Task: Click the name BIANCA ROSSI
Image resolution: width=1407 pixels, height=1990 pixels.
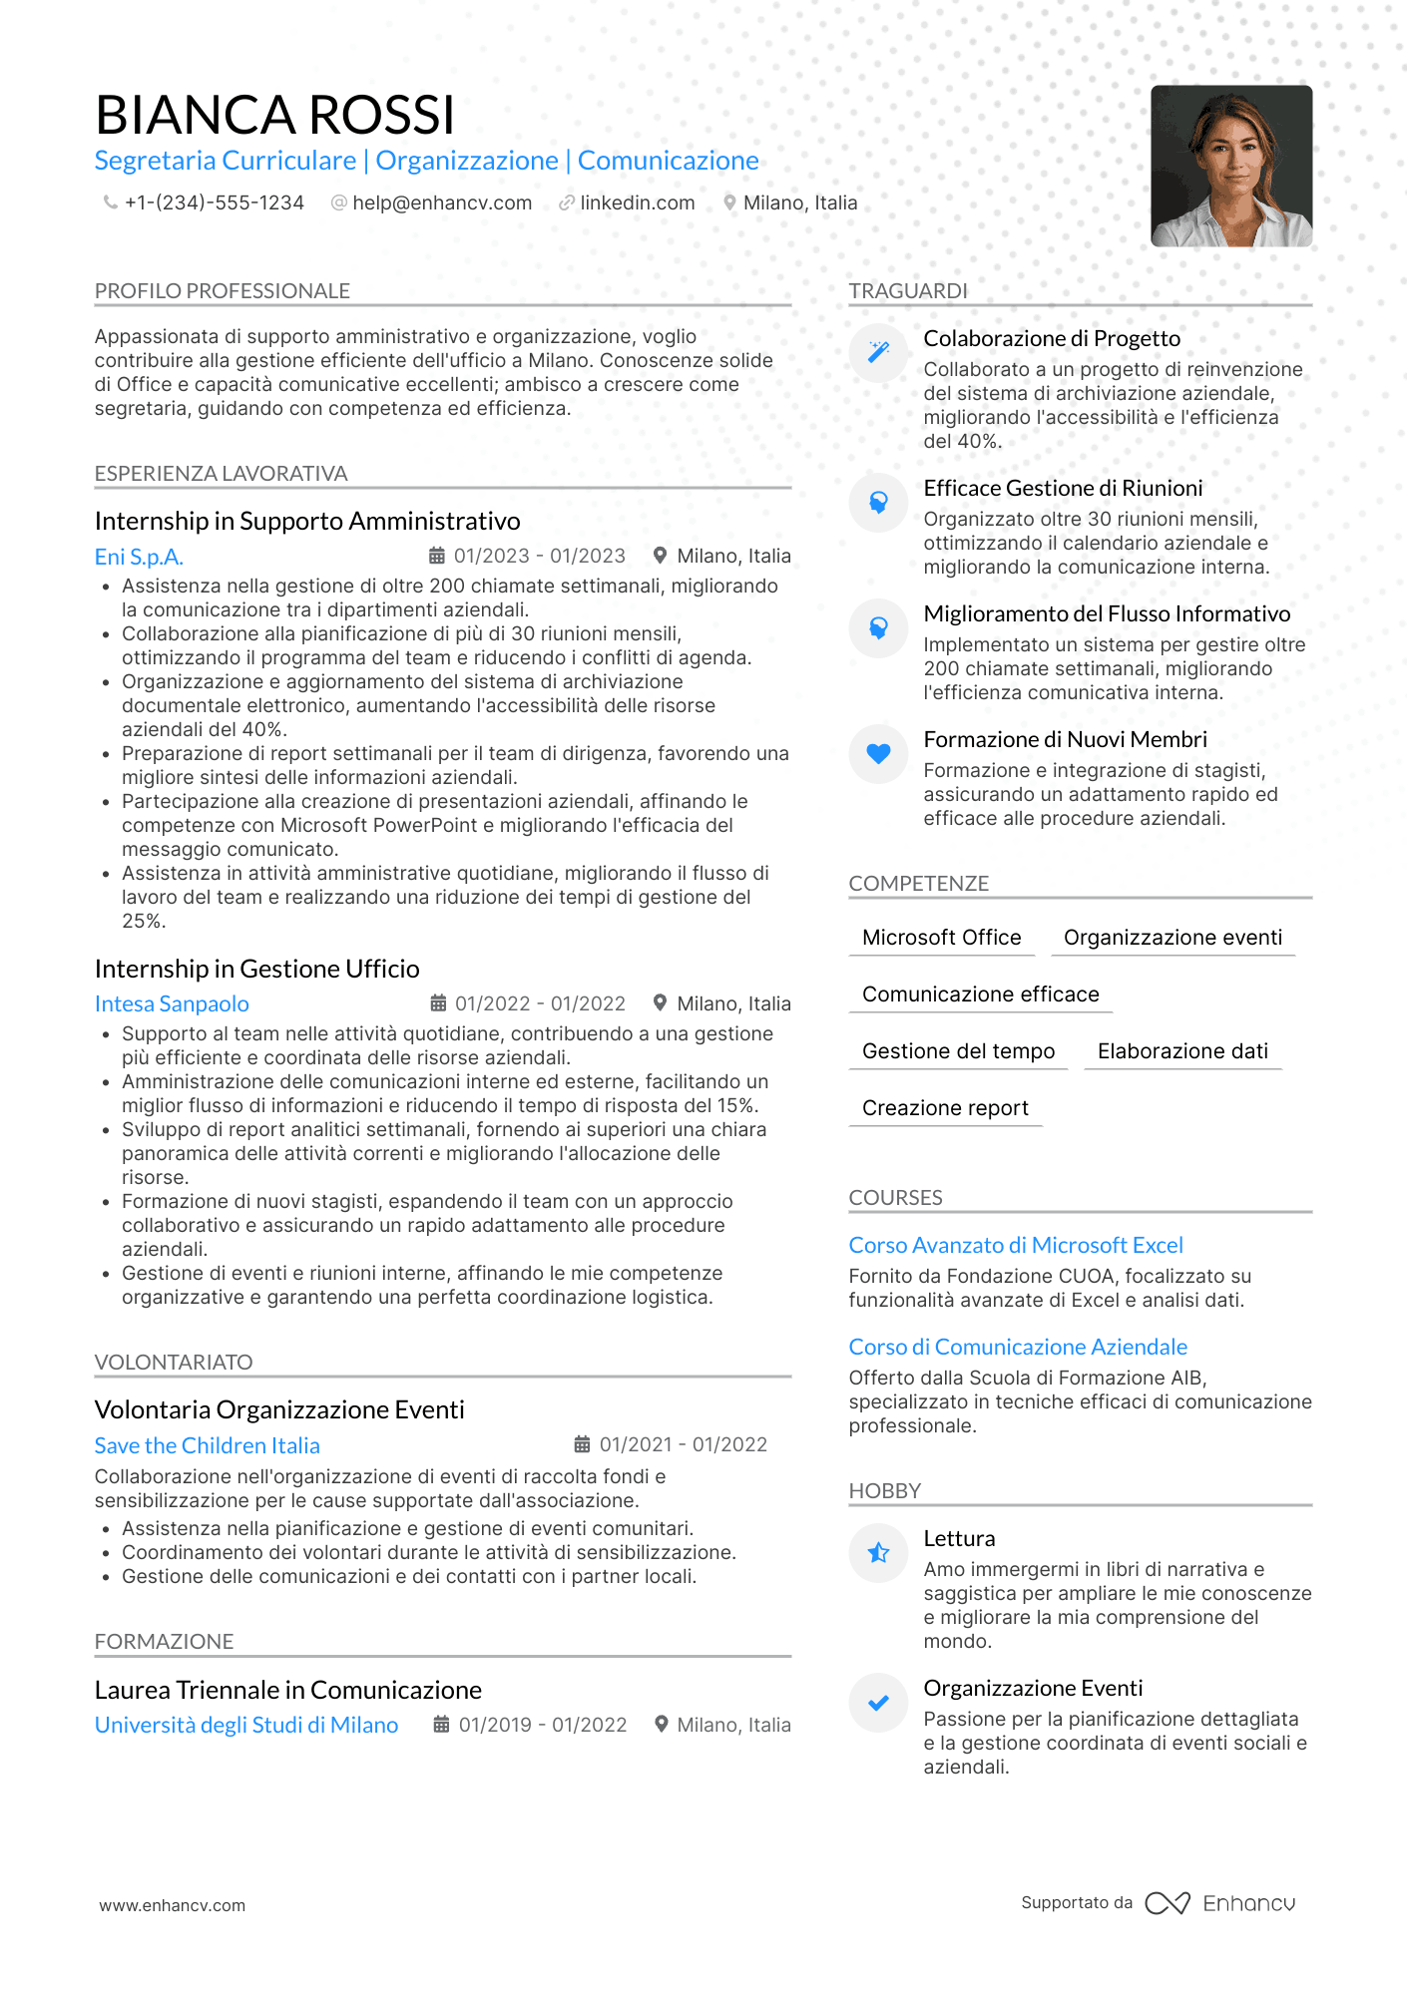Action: pos(274,115)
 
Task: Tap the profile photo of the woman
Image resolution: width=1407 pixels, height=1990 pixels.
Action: pos(1230,166)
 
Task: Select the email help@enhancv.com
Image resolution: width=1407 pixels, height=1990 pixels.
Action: pos(441,202)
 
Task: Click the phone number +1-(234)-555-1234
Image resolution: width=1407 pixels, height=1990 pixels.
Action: pos(214,202)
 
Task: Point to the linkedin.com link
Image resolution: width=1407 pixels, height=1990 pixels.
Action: pos(637,202)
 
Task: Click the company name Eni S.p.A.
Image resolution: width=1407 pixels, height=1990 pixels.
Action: pos(139,557)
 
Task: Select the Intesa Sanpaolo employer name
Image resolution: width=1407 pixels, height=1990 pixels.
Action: pos(172,1003)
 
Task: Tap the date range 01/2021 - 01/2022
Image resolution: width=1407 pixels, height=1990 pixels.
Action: pos(683,1444)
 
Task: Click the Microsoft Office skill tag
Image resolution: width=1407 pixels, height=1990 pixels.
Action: pos(941,938)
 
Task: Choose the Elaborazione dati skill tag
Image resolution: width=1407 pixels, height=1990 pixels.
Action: pos(1182,1051)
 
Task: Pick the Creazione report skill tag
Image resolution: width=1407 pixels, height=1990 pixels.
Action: pos(945,1108)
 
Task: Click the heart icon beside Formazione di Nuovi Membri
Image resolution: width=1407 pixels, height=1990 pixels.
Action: pos(878,754)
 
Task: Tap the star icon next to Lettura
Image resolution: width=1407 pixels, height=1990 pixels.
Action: pos(878,1553)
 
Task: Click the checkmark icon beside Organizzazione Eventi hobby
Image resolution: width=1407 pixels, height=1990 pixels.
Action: pos(878,1703)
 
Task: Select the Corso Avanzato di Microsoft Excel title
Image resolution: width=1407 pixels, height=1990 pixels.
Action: pos(1016,1245)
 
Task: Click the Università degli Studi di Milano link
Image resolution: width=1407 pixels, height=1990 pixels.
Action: pos(246,1725)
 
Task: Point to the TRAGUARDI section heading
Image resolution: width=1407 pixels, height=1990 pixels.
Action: pos(908,291)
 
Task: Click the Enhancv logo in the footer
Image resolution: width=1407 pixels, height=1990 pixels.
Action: pos(1219,1903)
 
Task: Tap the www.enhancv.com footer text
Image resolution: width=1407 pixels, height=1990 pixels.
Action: pos(172,1905)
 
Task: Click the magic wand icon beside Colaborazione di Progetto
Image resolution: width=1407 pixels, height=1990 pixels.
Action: pos(878,352)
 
